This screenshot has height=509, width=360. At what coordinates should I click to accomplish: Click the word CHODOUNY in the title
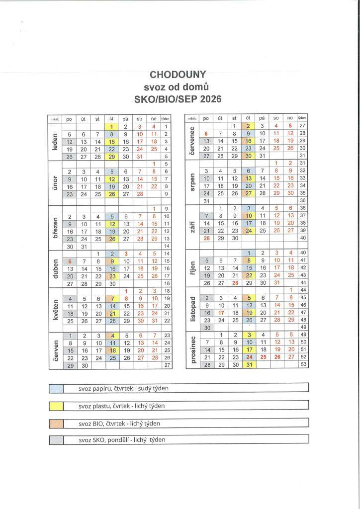178,75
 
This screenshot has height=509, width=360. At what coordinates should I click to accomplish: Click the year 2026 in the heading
211,99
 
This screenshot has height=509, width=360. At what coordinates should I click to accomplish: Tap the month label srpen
192,182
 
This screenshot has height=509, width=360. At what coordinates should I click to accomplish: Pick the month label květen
54,307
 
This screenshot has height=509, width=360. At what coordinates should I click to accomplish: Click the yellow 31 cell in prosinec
249,364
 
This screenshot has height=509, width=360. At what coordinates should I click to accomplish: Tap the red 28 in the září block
206,238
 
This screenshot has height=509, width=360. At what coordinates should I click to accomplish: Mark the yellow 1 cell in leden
112,127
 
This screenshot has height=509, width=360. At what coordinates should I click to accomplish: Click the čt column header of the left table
112,119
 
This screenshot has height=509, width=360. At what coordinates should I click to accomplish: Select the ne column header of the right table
290,118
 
